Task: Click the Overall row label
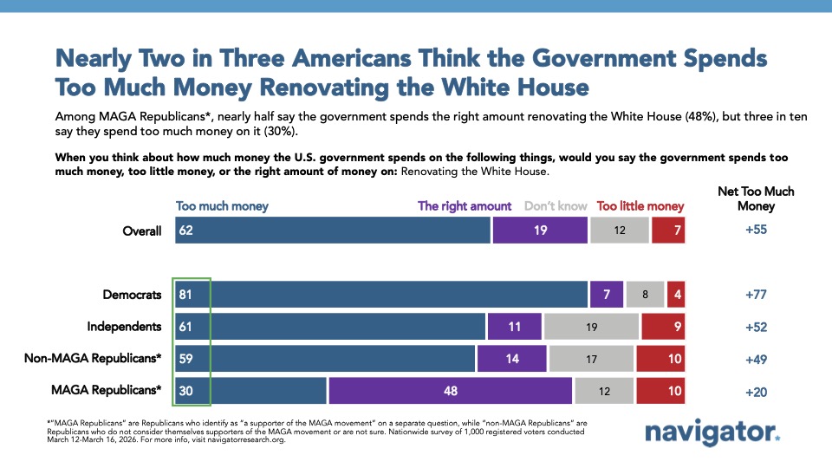pyautogui.click(x=141, y=231)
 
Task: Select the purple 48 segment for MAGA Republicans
pyautogui.click(x=450, y=391)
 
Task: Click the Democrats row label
pyautogui.click(x=133, y=295)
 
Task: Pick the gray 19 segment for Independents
pyautogui.click(x=591, y=327)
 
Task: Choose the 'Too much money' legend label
pyautogui.click(x=222, y=206)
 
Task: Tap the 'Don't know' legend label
pyautogui.click(x=556, y=206)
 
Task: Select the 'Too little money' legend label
pyautogui.click(x=640, y=206)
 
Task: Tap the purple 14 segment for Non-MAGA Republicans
pyautogui.click(x=511, y=359)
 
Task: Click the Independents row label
pyautogui.click(x=124, y=327)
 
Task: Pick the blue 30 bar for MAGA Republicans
pyautogui.click(x=250, y=391)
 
